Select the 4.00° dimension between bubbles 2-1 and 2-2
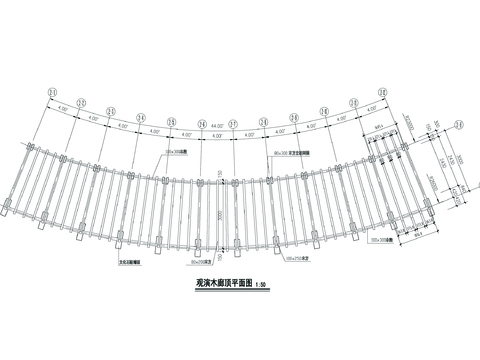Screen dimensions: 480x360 click(62, 108)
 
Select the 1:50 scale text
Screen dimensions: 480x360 click(262, 287)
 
